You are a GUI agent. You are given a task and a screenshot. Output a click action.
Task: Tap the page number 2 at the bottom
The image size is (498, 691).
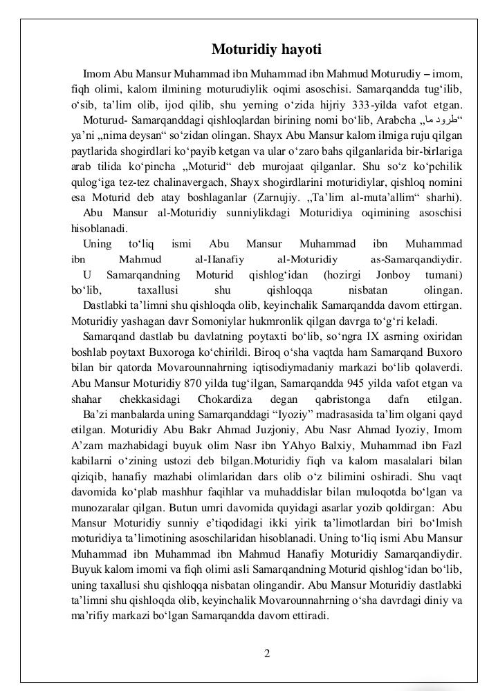(267, 654)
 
